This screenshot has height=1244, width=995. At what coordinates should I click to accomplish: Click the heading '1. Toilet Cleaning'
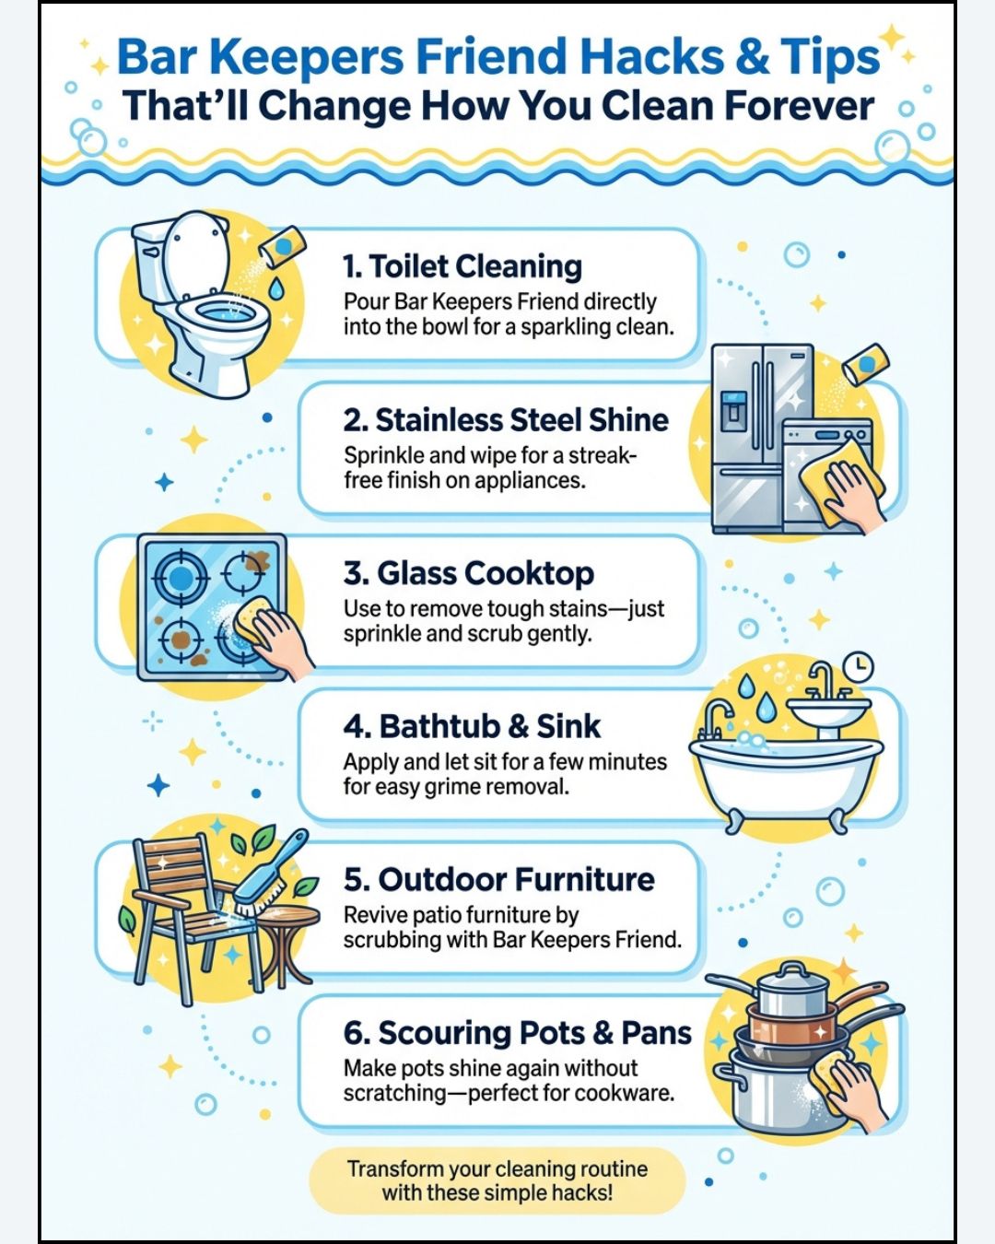(462, 266)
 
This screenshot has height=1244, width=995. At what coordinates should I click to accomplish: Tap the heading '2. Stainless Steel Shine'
(506, 420)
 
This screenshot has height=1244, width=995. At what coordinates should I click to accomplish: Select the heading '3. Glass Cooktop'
(469, 573)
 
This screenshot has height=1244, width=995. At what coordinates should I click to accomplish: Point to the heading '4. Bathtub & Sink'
(472, 727)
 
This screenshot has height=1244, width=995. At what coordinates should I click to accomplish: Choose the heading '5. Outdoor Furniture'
(499, 880)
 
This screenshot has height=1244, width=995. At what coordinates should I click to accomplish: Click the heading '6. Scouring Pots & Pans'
(518, 1033)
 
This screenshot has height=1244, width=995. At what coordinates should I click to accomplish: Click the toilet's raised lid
(197, 254)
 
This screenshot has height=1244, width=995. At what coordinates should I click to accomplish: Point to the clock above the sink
(858, 666)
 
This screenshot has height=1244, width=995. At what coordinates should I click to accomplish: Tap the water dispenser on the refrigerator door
(733, 410)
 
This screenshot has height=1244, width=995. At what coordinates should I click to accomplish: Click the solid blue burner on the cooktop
(181, 577)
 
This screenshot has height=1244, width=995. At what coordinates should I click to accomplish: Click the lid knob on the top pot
(792, 968)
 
